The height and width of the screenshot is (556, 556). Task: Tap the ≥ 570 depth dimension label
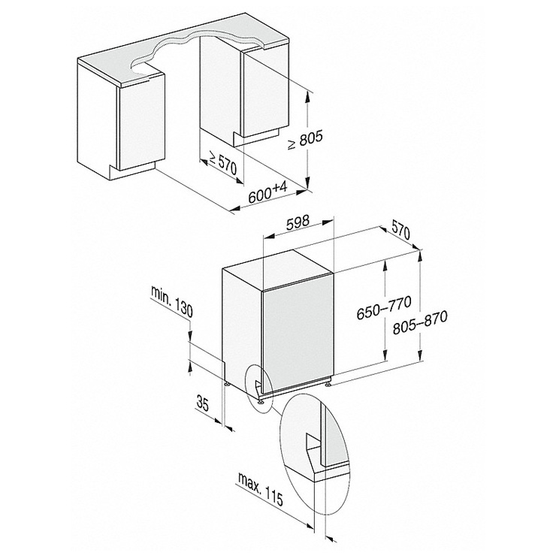pos(222,162)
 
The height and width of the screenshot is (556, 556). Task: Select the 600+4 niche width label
pos(267,192)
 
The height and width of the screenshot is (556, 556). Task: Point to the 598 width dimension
pos(298,222)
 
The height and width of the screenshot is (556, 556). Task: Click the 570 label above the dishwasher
pos(400,232)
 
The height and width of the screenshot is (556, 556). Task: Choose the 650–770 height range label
pos(384,307)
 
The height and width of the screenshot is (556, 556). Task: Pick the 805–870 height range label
pos(420,322)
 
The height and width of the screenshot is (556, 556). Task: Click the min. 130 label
pos(172,301)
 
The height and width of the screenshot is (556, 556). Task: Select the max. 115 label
pos(261,489)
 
